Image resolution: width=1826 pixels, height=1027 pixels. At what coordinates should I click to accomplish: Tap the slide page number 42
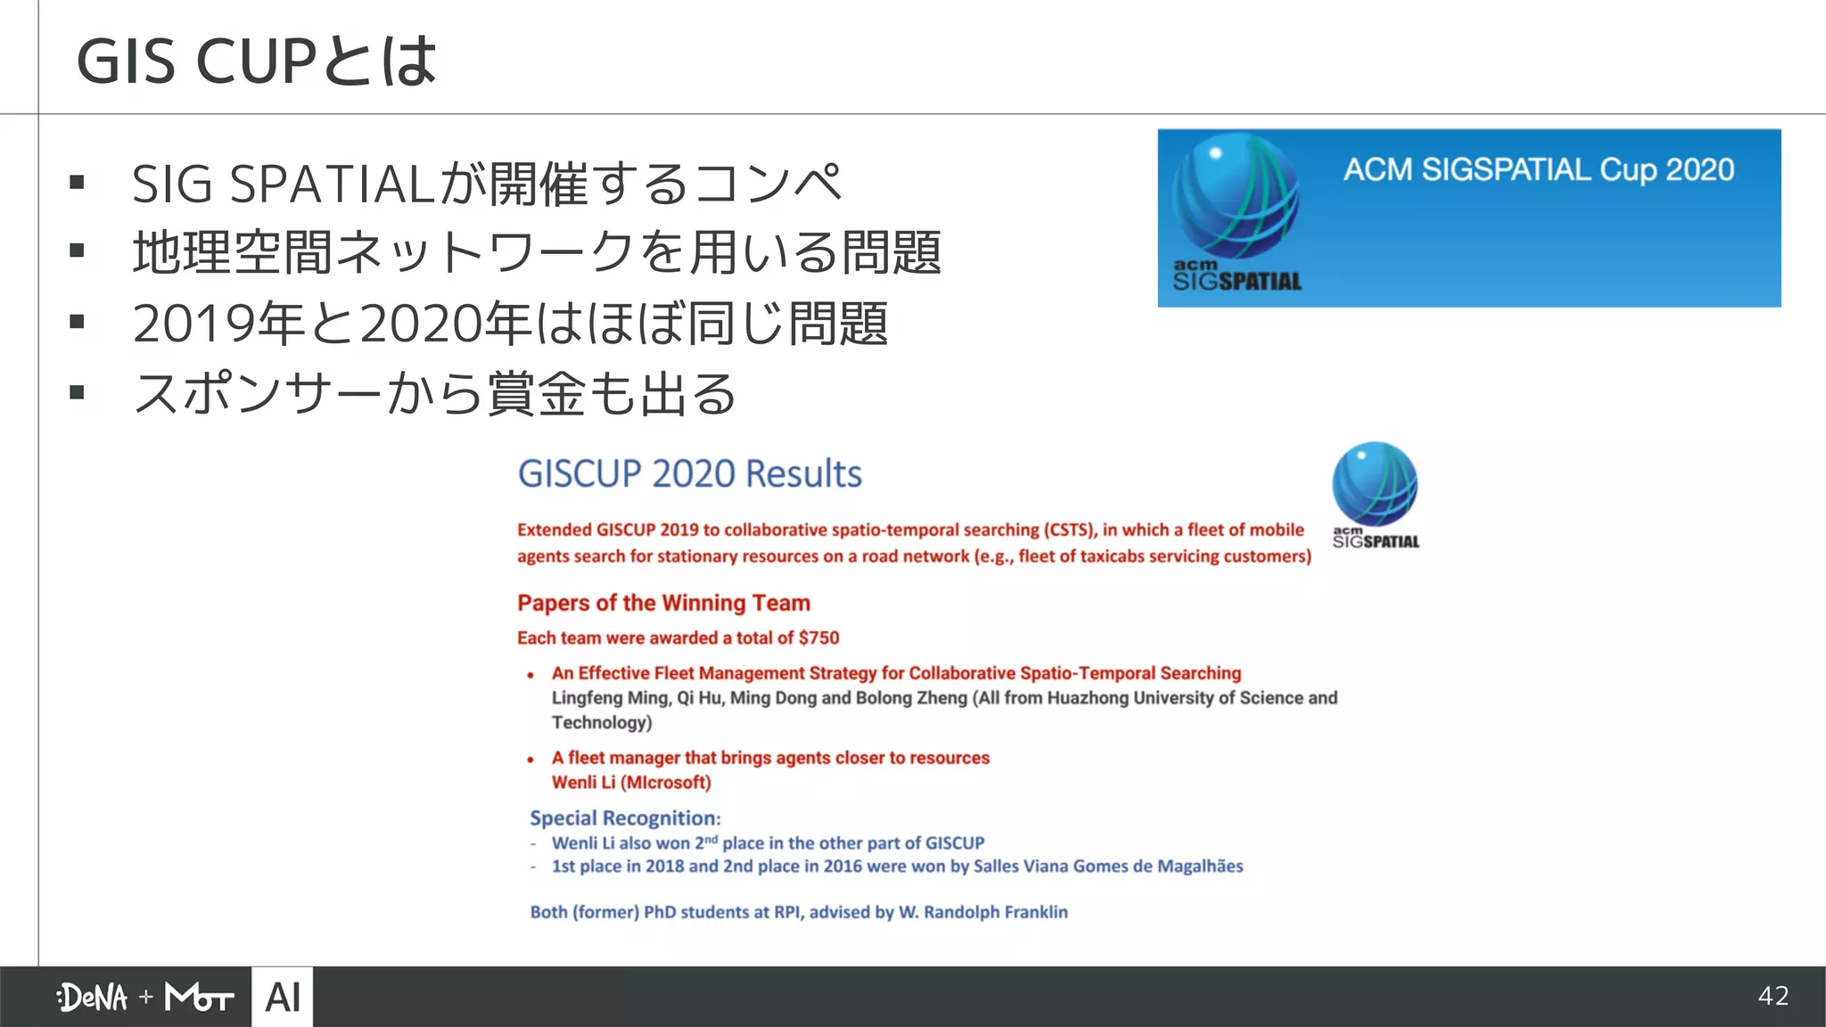point(1773,996)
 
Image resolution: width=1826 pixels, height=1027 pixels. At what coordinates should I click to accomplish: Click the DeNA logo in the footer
point(93,997)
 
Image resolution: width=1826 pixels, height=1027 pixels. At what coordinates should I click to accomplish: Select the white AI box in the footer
point(283,997)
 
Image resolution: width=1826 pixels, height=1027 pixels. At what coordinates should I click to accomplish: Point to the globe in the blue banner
point(1235,196)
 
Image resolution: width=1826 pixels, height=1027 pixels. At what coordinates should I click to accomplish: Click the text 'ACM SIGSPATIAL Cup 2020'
point(1538,169)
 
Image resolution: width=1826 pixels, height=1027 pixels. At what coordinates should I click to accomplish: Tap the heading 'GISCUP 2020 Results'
point(689,473)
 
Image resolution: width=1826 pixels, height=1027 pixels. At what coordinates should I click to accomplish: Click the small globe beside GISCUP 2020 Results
point(1375,484)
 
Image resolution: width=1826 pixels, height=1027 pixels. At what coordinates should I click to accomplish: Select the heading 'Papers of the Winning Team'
point(663,603)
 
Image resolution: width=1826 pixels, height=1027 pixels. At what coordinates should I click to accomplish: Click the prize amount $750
point(818,637)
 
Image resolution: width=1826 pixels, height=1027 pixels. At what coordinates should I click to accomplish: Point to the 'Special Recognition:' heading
point(625,817)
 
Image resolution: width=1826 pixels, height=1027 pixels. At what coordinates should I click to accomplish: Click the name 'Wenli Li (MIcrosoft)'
point(631,782)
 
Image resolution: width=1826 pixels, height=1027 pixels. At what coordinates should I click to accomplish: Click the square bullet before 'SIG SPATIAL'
point(77,184)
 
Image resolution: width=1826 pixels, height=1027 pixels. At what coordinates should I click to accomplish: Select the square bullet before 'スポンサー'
point(77,392)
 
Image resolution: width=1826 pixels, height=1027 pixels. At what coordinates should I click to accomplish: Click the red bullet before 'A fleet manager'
point(531,760)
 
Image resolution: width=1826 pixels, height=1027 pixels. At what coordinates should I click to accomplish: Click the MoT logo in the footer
point(199,997)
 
